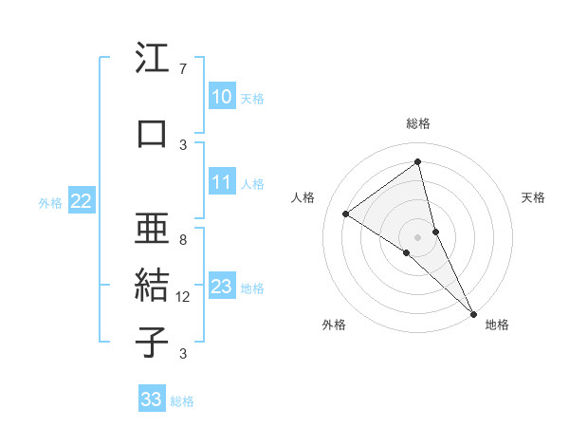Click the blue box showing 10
[x=221, y=97]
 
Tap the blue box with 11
[x=221, y=183]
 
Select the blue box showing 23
[x=221, y=288]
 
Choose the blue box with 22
[x=81, y=201]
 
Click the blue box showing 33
[x=151, y=400]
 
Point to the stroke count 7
[x=182, y=69]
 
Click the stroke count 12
[x=183, y=297]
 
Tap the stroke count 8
[x=182, y=240]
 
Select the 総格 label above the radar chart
[x=418, y=123]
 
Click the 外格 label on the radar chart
[x=334, y=325]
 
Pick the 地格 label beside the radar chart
[x=497, y=325]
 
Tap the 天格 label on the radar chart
[x=534, y=197]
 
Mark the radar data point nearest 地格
[x=473, y=312]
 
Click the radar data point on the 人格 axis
[x=345, y=214]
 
